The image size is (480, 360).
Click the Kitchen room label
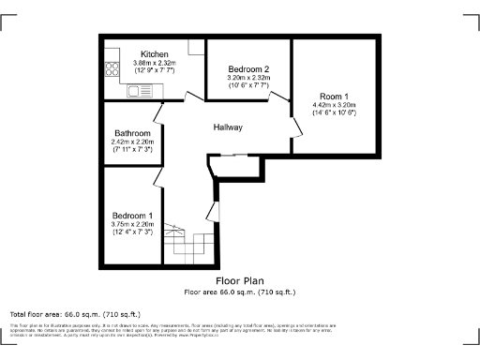pyautogui.click(x=155, y=54)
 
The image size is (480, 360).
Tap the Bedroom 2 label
pyautogui.click(x=248, y=69)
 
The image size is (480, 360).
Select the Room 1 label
pyautogui.click(x=335, y=96)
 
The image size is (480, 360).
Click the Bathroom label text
pyautogui.click(x=131, y=133)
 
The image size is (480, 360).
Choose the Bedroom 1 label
pyautogui.click(x=131, y=216)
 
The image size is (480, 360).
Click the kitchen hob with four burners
pyautogui.click(x=112, y=67)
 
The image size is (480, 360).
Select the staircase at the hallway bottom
pyautogui.click(x=187, y=247)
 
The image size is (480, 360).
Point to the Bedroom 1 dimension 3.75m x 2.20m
pyautogui.click(x=131, y=225)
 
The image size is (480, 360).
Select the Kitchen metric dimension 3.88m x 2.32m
pyautogui.click(x=155, y=63)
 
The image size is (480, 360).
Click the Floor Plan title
pyautogui.click(x=239, y=280)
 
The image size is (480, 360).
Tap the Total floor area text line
pyautogui.click(x=75, y=313)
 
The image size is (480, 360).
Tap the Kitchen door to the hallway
pyautogui.click(x=192, y=97)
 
